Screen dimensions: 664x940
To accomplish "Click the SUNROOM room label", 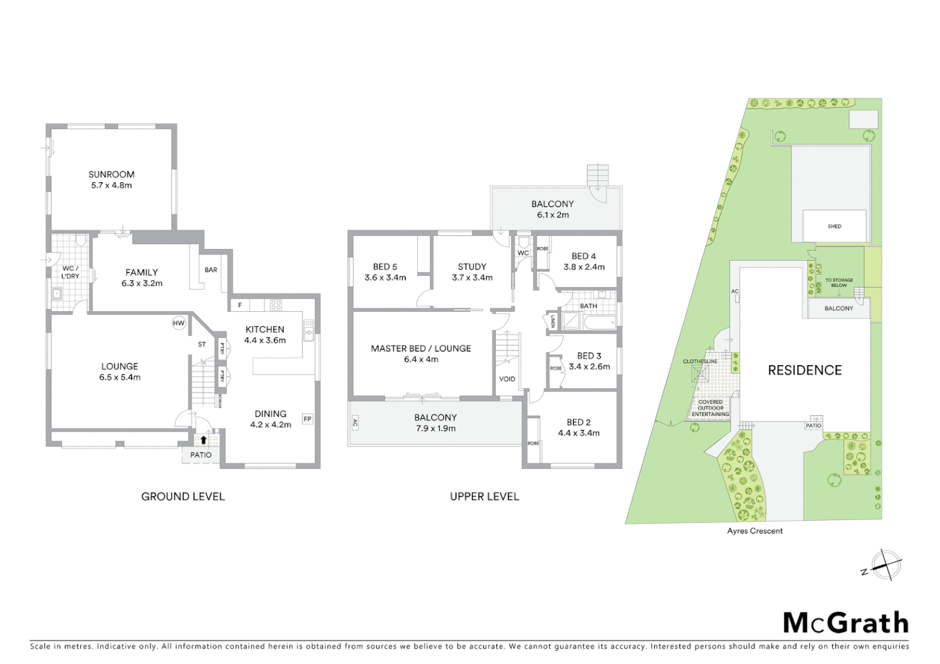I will [x=111, y=175].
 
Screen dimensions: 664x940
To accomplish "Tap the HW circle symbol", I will [x=178, y=323].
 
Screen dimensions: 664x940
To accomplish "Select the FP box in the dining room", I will [x=308, y=419].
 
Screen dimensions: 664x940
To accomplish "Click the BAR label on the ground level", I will [x=211, y=270].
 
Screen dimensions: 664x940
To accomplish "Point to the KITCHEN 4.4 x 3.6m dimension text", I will [x=265, y=340].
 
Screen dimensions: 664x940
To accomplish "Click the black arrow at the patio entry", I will [x=204, y=440].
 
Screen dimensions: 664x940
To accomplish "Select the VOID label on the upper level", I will [x=507, y=379].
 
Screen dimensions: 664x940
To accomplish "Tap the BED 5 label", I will [x=385, y=267].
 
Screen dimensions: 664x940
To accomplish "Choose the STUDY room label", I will [x=472, y=267].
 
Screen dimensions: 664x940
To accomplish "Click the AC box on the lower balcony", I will [x=355, y=423].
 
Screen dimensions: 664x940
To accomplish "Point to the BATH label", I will [x=588, y=306].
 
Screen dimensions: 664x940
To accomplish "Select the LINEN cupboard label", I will [x=552, y=322].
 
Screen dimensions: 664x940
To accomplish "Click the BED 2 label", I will [x=578, y=422].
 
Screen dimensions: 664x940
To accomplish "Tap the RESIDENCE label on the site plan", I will [x=805, y=370].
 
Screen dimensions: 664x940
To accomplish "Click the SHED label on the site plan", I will [x=834, y=226].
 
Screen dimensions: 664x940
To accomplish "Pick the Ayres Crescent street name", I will [x=755, y=531].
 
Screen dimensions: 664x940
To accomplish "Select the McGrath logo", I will [x=845, y=623].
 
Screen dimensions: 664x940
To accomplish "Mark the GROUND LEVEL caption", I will [x=183, y=497].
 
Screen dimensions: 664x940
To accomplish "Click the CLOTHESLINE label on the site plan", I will [x=700, y=362].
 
